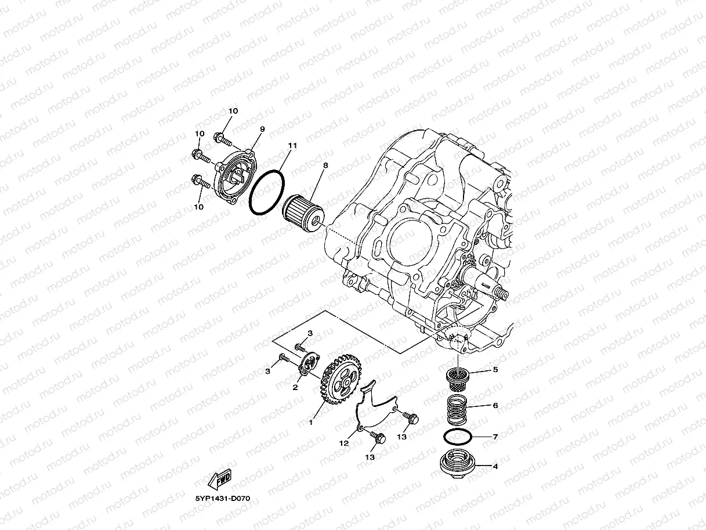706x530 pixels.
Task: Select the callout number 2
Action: coord(295,387)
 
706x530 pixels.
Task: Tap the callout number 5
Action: coord(495,369)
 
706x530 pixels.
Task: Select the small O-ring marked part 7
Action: coord(456,436)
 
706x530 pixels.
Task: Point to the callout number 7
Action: coord(495,437)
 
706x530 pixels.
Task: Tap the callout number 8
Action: coord(325,165)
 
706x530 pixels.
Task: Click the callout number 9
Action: coord(262,129)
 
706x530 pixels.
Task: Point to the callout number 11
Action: coord(292,145)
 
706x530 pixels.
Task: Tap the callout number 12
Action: coord(344,443)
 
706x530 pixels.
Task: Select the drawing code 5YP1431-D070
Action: coord(223,499)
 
